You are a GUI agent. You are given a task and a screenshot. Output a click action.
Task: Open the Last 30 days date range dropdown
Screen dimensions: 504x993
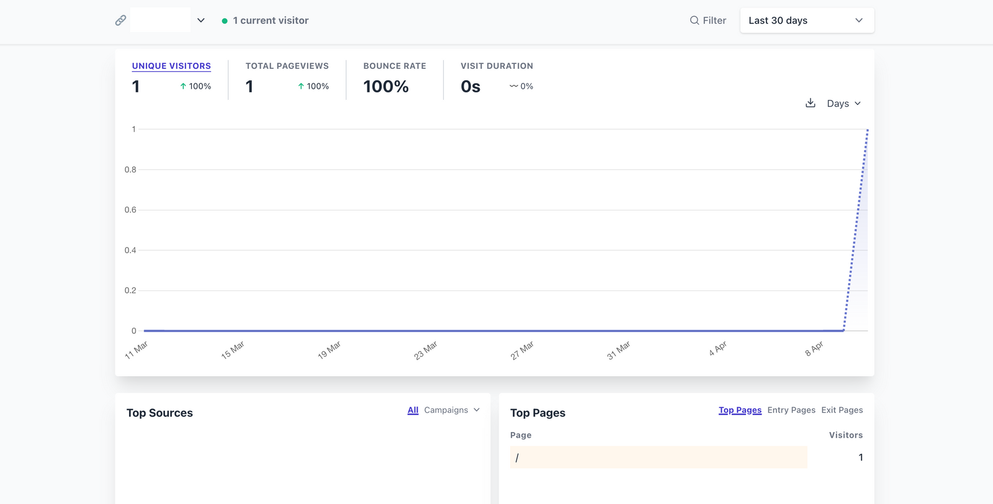point(806,20)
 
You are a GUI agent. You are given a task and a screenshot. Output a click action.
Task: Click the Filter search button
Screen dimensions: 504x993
point(708,20)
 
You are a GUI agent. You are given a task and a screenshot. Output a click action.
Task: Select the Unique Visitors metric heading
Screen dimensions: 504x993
point(171,66)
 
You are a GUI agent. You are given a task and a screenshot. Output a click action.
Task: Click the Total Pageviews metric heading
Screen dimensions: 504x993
point(287,66)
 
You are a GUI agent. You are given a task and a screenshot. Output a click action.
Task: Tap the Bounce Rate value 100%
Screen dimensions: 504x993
point(385,87)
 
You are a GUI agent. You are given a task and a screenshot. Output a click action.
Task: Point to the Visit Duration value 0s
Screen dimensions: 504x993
point(470,87)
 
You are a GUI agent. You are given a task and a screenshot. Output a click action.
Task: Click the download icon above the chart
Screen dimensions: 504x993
point(810,103)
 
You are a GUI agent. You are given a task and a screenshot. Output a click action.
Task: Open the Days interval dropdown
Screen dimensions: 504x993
point(843,104)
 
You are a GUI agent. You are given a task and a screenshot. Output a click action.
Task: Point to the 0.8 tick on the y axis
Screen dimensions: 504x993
point(130,169)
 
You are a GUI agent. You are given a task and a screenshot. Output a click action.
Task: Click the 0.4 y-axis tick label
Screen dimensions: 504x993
point(130,250)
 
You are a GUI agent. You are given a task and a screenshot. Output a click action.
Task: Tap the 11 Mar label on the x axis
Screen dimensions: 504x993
point(137,350)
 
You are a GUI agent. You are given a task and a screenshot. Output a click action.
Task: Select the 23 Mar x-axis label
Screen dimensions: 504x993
point(426,350)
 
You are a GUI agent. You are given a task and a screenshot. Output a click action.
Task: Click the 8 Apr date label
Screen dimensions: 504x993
point(814,348)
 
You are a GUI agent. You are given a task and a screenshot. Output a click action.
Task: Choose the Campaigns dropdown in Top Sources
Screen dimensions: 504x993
point(452,410)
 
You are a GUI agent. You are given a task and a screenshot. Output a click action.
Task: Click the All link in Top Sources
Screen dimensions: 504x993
point(413,410)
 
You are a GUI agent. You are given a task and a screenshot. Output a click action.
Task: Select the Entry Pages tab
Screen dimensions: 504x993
point(791,410)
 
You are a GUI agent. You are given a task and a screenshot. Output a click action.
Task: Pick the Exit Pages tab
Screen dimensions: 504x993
point(842,410)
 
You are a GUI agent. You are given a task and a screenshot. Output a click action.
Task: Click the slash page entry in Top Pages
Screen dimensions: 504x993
point(517,457)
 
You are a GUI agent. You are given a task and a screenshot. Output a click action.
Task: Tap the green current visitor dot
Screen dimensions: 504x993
point(225,21)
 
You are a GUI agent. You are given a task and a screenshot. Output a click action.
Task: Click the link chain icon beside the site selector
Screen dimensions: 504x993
point(120,20)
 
